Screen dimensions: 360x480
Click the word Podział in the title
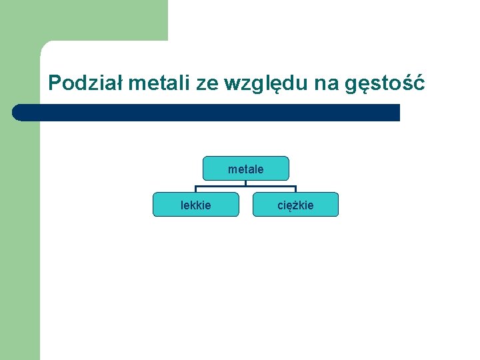tap(85, 83)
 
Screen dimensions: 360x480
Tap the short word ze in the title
tap(207, 83)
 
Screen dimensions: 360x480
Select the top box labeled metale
tap(245, 169)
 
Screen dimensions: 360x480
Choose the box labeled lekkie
tap(196, 205)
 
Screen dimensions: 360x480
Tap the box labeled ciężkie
tap(295, 205)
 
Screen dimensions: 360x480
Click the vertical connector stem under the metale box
tap(245, 183)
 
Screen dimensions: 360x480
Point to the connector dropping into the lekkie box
tap(196, 189)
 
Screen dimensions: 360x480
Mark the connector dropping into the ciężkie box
tap(295, 189)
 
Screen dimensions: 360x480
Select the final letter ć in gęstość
tap(418, 83)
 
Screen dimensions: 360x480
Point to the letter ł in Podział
tap(119, 83)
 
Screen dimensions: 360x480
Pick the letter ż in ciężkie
tap(295, 205)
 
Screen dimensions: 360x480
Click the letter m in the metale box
tap(232, 169)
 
